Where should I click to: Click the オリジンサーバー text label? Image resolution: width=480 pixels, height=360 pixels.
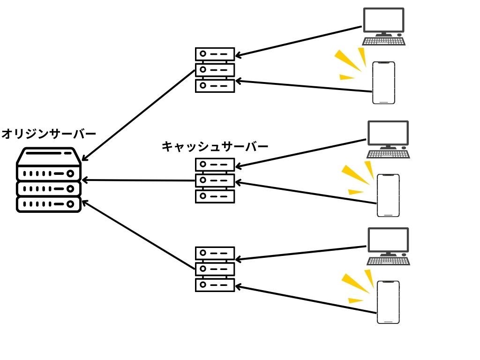(49, 134)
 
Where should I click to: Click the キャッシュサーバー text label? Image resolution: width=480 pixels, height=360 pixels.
(215, 147)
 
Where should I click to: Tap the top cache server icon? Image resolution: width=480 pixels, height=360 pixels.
(215, 70)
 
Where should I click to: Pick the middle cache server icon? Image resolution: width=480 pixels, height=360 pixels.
(215, 180)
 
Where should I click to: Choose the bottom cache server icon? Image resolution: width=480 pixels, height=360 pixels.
(215, 269)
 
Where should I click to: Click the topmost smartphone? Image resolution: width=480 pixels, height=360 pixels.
(383, 82)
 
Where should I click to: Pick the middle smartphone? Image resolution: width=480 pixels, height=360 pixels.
(389, 195)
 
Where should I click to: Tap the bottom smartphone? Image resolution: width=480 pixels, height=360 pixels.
(389, 302)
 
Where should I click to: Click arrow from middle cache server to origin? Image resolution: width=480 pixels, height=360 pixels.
(138, 180)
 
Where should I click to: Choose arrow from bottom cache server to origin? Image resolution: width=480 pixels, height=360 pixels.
(138, 235)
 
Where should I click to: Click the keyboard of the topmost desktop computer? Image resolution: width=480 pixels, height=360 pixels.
(384, 41)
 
